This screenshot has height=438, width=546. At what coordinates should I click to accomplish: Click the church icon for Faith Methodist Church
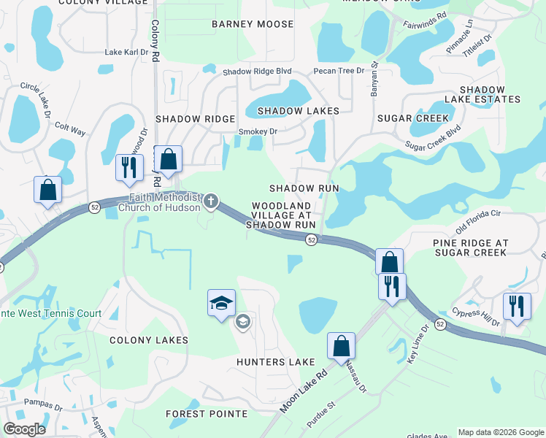[x=211, y=200]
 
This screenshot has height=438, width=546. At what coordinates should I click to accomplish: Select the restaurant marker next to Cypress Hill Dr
[x=517, y=305]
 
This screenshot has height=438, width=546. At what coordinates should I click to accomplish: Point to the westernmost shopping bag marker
[x=47, y=190]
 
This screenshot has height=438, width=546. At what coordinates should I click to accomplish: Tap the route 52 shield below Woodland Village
[x=311, y=240]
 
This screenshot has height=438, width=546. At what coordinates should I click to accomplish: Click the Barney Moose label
[x=253, y=24]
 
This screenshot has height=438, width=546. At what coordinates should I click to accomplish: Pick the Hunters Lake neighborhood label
[x=275, y=362]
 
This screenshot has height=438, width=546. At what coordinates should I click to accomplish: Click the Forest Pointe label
[x=206, y=413]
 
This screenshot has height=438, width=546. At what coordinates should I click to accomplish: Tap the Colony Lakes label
[x=149, y=340]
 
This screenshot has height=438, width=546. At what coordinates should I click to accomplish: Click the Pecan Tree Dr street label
[x=338, y=71]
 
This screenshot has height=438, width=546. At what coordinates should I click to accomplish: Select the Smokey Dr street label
[x=258, y=131]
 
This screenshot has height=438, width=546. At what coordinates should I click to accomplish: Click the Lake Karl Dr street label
[x=126, y=53]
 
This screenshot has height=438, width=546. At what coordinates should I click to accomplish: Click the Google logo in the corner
[x=24, y=429]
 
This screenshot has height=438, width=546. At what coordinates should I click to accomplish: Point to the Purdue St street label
[x=320, y=413]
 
